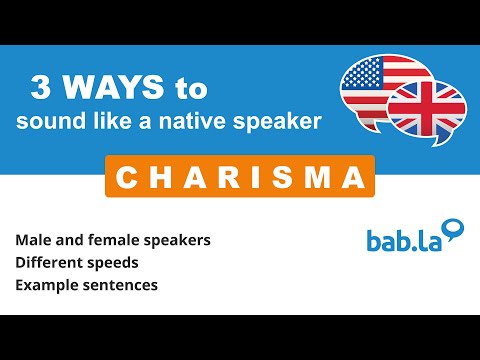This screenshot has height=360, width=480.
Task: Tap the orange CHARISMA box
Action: point(239,178)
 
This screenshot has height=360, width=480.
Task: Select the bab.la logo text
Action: point(401,241)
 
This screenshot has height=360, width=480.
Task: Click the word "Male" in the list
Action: point(34,241)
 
